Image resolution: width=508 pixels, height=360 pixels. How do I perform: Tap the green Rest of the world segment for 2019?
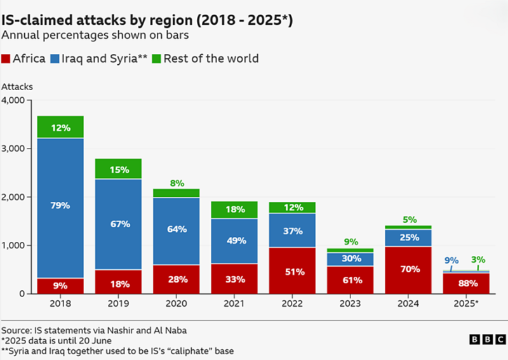[118, 170]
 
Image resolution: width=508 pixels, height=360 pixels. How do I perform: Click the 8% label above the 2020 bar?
[177, 183]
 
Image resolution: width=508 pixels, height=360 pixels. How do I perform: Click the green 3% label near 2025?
[479, 259]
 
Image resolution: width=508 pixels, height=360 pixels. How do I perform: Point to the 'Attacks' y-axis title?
[17, 86]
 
